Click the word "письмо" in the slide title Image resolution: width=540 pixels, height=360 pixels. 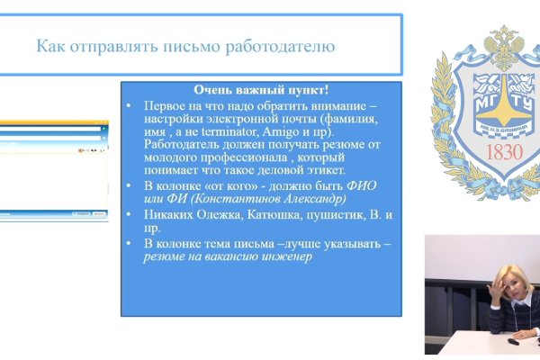185,46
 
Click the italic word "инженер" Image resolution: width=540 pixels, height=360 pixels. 284,256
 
